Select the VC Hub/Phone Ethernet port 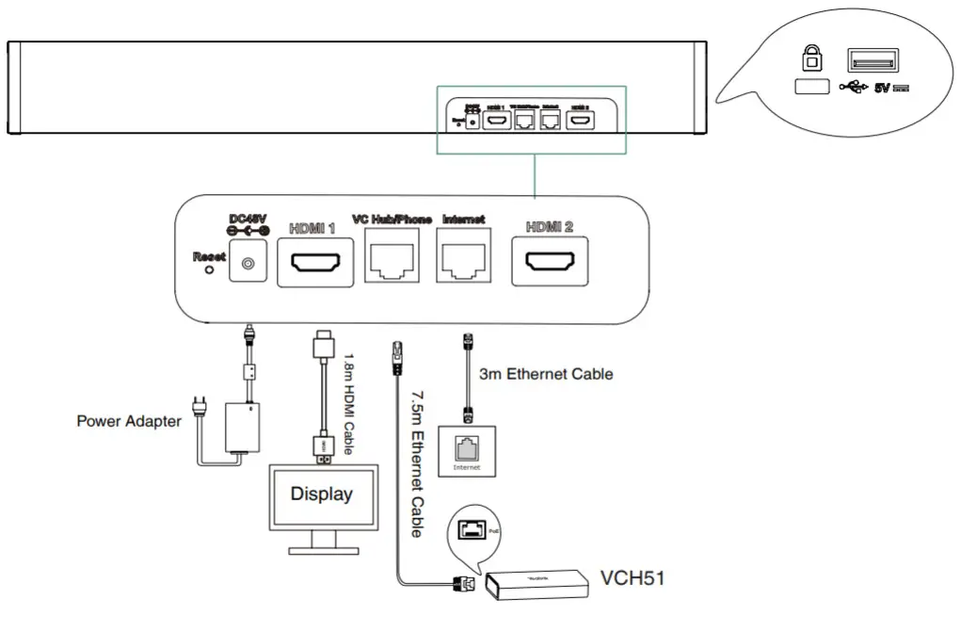click(x=392, y=259)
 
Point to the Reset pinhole click(x=209, y=268)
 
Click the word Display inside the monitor click(x=321, y=493)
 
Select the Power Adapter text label click(x=128, y=421)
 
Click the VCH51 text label click(x=633, y=577)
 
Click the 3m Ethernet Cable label click(x=546, y=374)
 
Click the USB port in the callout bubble click(x=873, y=61)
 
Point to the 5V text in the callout click(x=882, y=89)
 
